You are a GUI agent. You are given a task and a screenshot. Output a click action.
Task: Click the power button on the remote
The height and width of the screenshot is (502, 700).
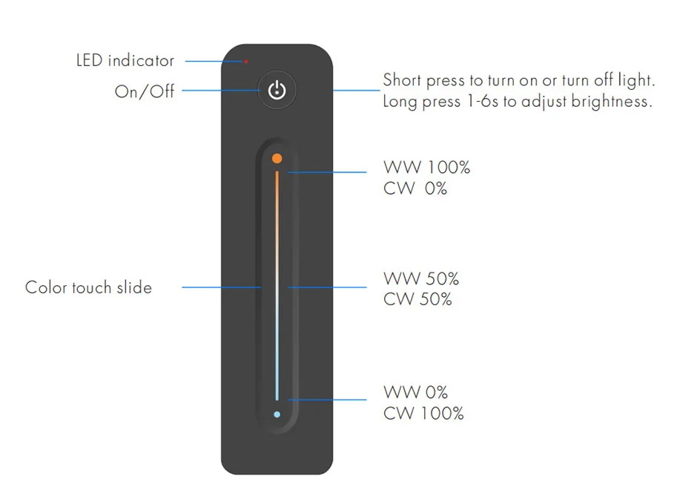(x=277, y=91)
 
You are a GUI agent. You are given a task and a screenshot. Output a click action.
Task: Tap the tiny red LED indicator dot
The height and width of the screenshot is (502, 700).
(x=246, y=61)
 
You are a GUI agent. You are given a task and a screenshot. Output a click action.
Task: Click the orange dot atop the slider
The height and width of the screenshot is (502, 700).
(x=277, y=158)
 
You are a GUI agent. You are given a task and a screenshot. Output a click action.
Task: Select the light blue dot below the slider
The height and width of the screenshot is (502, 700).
(x=277, y=414)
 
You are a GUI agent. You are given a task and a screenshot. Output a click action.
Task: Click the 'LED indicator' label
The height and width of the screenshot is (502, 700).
(x=125, y=60)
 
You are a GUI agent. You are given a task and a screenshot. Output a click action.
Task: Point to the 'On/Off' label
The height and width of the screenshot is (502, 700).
(x=144, y=91)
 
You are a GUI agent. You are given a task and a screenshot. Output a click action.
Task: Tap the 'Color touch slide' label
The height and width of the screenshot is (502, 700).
(x=88, y=287)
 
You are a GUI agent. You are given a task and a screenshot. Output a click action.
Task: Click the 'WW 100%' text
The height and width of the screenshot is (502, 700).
(x=426, y=168)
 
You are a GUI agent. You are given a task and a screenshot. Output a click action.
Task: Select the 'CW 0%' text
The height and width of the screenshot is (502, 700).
(x=415, y=189)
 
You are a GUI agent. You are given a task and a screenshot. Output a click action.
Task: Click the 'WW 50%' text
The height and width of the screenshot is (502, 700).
(x=421, y=279)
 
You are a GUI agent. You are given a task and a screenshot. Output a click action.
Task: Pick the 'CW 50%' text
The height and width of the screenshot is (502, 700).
(x=417, y=300)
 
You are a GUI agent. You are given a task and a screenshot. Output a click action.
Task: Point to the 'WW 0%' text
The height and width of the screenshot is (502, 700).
(x=415, y=392)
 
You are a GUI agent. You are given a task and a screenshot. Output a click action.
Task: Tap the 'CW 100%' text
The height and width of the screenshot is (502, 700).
(x=423, y=414)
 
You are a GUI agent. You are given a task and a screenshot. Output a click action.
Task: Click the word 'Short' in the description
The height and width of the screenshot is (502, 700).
(x=401, y=80)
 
